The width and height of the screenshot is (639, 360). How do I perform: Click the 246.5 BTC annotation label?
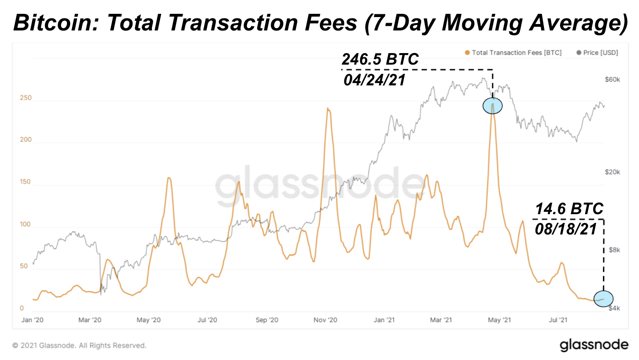coord(380,60)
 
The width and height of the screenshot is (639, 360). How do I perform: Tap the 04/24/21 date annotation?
coord(374,80)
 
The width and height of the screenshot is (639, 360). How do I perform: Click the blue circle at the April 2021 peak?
coord(492,106)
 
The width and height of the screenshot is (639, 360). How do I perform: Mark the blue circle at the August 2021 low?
coord(603,299)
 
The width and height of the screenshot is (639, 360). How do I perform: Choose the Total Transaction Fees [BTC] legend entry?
coord(513,53)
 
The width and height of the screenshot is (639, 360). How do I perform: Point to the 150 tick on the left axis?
coord(25,182)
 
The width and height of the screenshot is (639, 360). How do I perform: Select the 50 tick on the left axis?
coord(23,266)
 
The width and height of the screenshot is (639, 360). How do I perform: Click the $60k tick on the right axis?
coord(612,80)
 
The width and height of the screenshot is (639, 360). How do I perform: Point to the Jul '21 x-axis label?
coord(558,319)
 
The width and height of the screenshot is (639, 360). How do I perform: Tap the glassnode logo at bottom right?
coord(594,345)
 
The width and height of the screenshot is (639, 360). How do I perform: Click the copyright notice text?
coord(79,345)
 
